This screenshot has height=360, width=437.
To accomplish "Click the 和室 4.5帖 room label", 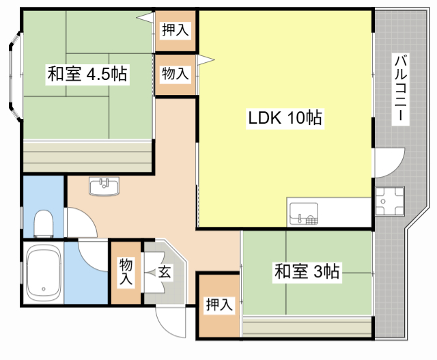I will (x=87, y=74).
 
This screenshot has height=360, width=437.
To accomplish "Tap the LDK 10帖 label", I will (x=285, y=117).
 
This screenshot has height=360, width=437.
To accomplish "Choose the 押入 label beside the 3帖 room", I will (x=218, y=305).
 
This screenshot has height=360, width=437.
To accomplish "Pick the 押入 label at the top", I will (x=175, y=29).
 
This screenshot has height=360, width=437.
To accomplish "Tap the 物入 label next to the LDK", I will (x=175, y=74).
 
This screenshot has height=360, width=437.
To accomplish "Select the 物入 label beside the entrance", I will (x=126, y=272).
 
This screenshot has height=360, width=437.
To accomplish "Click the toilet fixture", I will (x=44, y=222).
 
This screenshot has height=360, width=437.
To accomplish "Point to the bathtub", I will (x=43, y=275).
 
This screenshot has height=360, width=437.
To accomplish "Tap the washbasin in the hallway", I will (x=104, y=186).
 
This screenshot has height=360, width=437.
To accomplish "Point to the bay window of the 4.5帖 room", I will (x=15, y=75).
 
